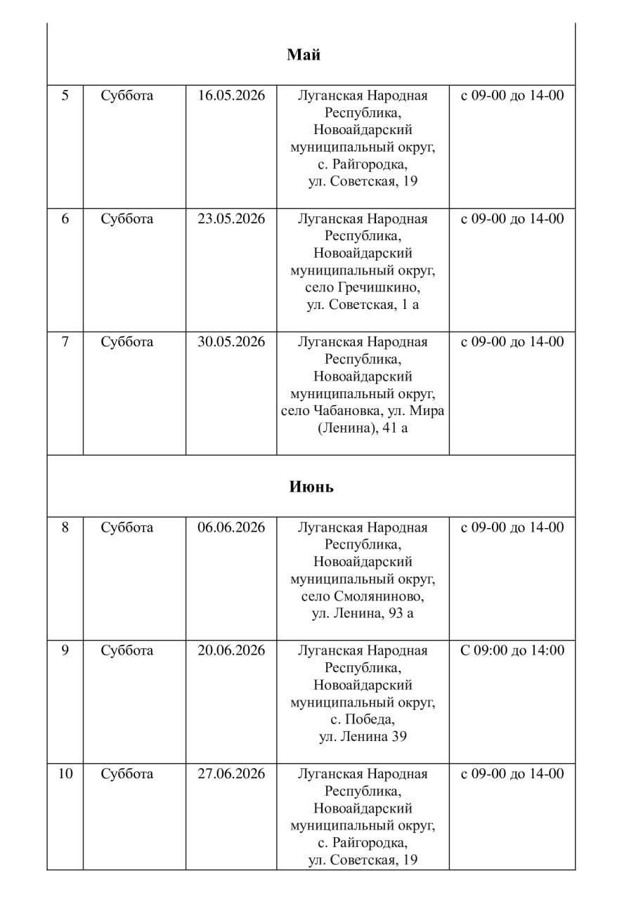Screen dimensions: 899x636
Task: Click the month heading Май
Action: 304,55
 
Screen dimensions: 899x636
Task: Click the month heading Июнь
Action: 311,487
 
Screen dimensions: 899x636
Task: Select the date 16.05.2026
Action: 231,96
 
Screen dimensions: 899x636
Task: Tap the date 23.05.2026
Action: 231,218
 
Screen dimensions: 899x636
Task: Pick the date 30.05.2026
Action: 231,342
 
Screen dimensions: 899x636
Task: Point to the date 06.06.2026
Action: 231,527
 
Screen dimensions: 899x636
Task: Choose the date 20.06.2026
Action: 231,650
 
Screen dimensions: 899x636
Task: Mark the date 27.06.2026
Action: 231,774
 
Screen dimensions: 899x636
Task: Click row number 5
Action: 65,96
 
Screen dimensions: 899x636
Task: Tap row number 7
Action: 65,342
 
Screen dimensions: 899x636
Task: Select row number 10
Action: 65,774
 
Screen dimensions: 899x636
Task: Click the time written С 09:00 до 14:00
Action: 512,650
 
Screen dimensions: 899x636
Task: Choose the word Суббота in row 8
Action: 126,527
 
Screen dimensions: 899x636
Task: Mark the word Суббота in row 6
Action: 126,218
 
